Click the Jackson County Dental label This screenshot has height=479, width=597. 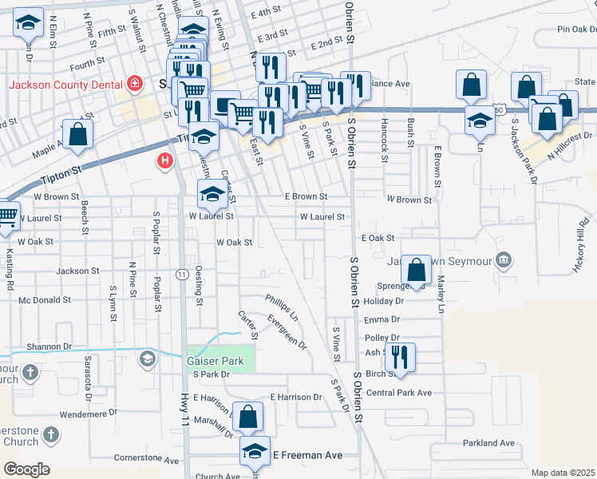pos(64,84)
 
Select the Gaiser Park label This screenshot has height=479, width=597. pos(215,361)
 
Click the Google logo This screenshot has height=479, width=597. pos(26,469)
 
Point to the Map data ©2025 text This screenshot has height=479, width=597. pos(562,473)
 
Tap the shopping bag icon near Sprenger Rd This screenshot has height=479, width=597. pos(416,270)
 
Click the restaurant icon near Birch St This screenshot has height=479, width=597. pos(400,357)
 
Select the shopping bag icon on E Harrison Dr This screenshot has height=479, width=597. pos(248,417)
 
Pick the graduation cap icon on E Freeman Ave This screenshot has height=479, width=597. pos(255,451)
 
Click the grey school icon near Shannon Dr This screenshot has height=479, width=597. pos(147,359)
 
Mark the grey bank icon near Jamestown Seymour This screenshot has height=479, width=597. pos(504,259)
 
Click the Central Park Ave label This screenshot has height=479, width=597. pos(398,393)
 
